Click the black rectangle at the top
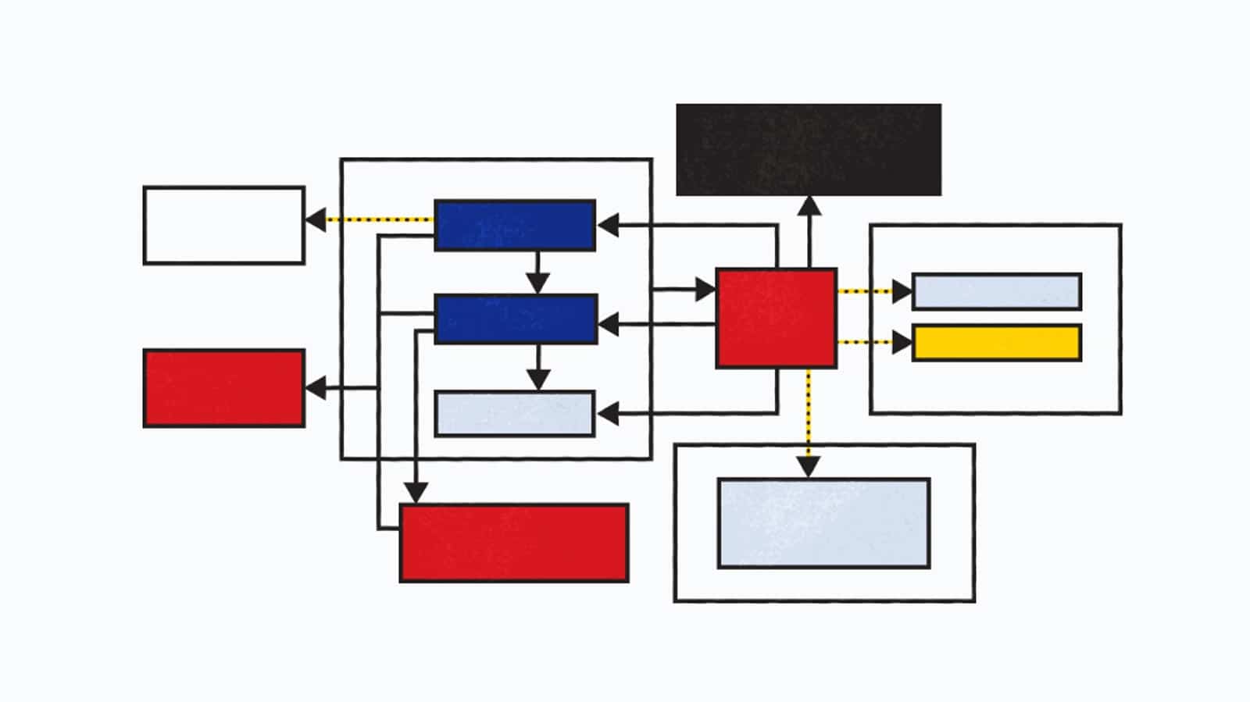point(808,149)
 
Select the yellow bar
point(997,343)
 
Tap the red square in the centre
point(776,318)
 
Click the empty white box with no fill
point(224,225)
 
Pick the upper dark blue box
point(515,225)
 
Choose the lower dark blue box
point(516,319)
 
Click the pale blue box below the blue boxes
point(515,413)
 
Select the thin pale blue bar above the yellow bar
point(997,291)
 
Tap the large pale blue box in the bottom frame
point(823,523)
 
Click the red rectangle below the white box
point(224,388)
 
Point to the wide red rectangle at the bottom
point(514,543)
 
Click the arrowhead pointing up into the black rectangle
point(809,206)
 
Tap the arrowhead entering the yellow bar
point(902,342)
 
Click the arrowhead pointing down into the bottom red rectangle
point(416,493)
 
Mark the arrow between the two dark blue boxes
point(537,273)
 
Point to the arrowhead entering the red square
point(705,290)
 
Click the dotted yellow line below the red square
point(809,414)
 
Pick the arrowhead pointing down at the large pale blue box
point(809,466)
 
